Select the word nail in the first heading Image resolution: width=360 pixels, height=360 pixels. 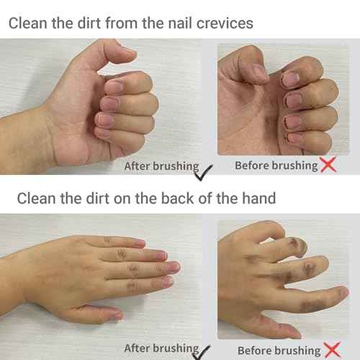(179, 22)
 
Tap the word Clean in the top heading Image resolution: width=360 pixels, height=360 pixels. (28, 22)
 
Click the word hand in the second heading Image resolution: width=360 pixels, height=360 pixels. (256, 197)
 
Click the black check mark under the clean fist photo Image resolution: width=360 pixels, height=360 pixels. (206, 170)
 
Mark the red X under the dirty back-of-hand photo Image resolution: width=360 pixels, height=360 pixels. (332, 350)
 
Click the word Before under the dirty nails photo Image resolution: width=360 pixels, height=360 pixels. (253, 166)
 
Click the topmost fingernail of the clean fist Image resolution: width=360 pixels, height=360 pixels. (114, 87)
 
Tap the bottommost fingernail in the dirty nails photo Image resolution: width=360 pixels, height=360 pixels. (295, 138)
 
